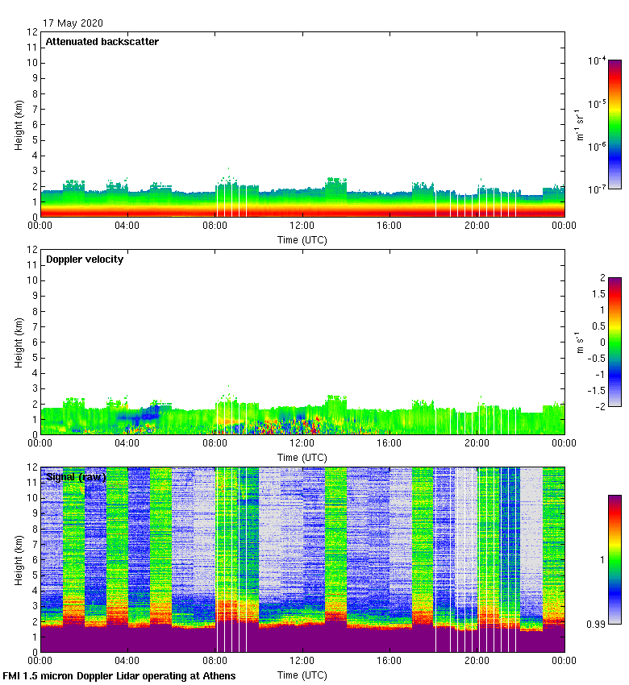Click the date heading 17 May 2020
click(73, 23)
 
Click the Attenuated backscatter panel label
click(102, 41)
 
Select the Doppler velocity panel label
click(85, 259)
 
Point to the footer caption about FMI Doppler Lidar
click(119, 675)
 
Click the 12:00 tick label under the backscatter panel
click(302, 226)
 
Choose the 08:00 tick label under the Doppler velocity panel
click(215, 442)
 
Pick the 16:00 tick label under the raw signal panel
click(389, 660)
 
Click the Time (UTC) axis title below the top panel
click(302, 239)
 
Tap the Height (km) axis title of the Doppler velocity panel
click(18, 342)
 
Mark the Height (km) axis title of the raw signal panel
click(18, 560)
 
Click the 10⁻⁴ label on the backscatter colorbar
click(598, 60)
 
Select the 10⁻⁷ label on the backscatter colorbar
click(598, 189)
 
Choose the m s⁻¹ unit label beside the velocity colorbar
click(578, 342)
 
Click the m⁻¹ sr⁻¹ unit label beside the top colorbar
click(578, 124)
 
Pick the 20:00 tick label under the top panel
click(477, 226)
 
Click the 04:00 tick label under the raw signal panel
click(127, 660)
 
